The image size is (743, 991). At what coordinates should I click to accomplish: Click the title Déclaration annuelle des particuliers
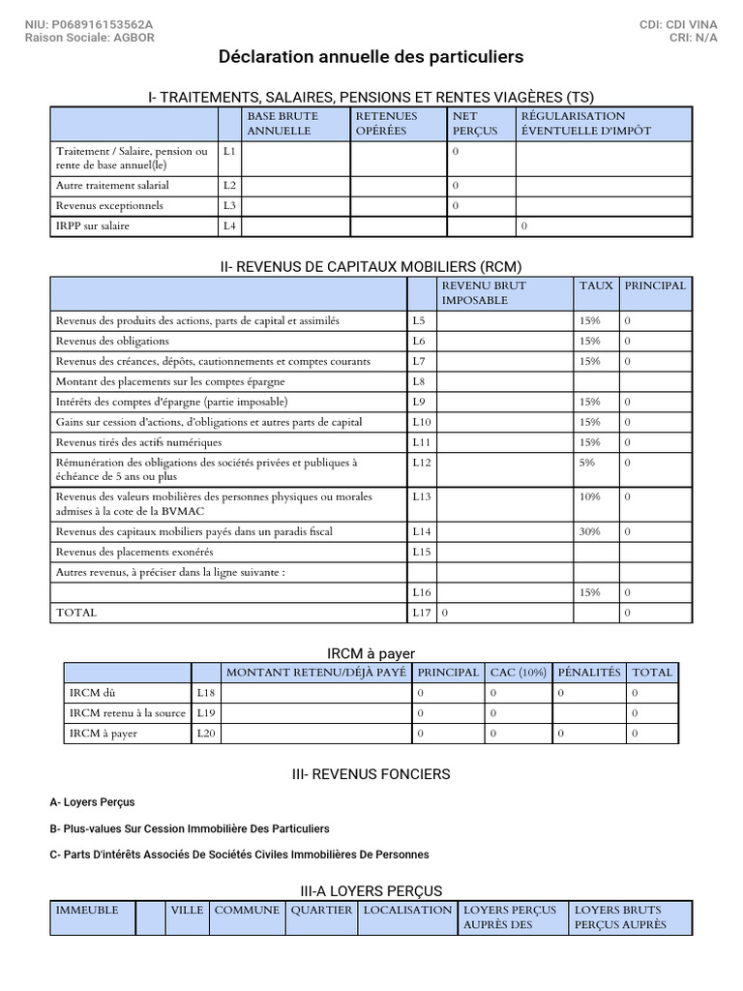click(371, 58)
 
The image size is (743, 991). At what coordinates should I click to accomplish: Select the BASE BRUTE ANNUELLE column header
click(282, 123)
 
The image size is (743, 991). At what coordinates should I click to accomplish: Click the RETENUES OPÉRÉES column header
click(386, 123)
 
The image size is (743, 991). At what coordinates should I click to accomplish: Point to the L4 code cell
click(229, 226)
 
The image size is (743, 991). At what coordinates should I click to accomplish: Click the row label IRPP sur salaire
click(93, 226)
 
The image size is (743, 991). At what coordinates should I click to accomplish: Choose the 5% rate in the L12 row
click(587, 463)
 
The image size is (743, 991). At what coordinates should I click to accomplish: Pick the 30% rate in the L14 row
click(589, 532)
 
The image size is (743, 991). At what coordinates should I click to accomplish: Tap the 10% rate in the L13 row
click(589, 496)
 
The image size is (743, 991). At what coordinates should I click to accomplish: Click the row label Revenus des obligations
click(112, 341)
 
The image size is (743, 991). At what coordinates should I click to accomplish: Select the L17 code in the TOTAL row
click(420, 613)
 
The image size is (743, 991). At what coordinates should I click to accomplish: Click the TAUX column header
click(596, 286)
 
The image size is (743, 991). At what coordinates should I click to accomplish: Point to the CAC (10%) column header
click(518, 673)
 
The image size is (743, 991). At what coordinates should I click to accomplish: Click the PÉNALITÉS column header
click(589, 673)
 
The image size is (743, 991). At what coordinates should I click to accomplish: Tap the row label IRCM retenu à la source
click(127, 713)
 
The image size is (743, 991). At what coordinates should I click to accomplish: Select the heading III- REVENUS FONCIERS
click(371, 774)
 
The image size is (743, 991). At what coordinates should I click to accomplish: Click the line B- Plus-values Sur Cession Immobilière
click(190, 828)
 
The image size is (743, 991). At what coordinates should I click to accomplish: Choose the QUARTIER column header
click(321, 911)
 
